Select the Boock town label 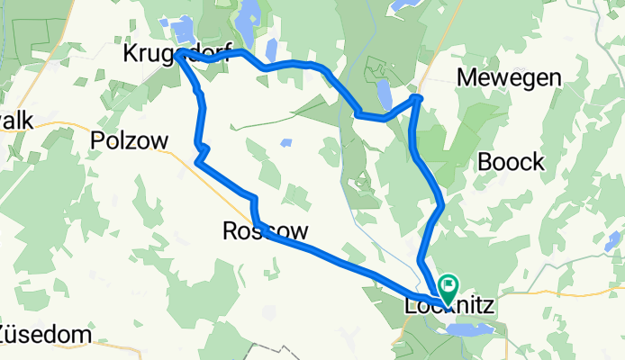tap(512, 162)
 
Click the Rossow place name tap(266, 231)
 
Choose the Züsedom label tap(45, 335)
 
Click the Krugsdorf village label tap(178, 53)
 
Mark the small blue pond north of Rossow tap(286, 142)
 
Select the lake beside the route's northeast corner tap(385, 93)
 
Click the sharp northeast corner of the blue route tap(418, 96)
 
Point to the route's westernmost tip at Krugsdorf tap(179, 56)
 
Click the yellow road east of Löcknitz tap(558, 292)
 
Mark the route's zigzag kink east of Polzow tap(202, 150)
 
